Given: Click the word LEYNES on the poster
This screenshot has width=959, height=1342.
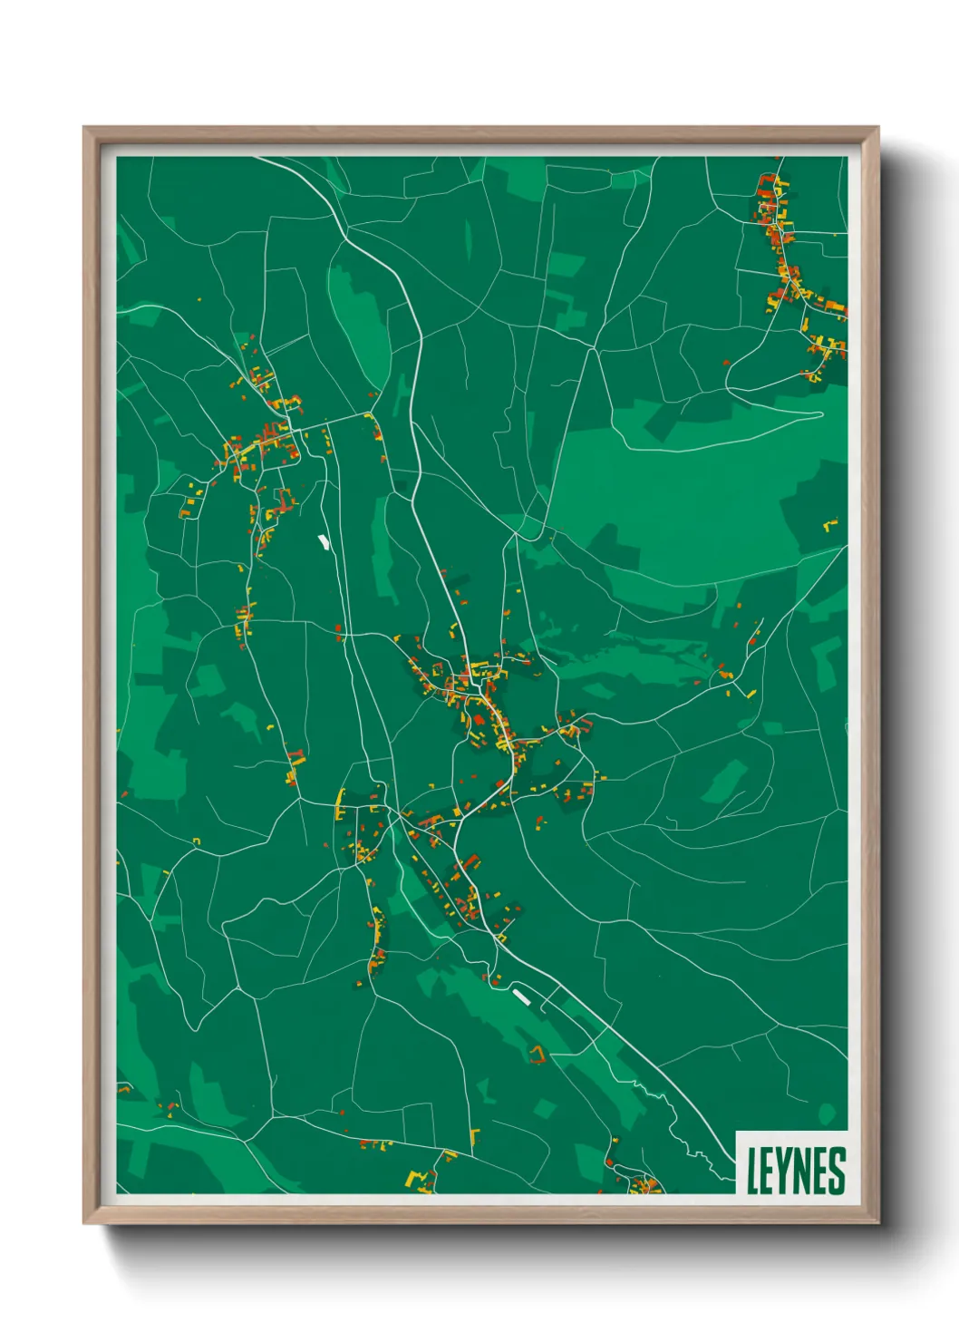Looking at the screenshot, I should (795, 1170).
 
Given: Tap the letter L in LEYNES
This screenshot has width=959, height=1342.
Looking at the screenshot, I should (752, 1170).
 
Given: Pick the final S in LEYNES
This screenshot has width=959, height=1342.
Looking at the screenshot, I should (838, 1170).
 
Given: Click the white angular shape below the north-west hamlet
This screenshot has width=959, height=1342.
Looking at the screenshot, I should (323, 542).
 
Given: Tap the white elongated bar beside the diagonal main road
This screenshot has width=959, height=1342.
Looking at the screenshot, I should (520, 997).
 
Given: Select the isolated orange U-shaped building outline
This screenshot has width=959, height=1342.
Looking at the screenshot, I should (538, 1054).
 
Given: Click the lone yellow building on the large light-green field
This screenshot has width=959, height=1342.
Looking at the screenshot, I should (830, 524).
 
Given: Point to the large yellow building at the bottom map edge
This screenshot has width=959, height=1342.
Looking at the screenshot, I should (419, 1178).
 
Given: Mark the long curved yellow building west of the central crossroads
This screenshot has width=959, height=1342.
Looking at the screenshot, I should (341, 802).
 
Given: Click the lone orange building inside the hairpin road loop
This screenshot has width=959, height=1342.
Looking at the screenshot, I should (727, 363).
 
